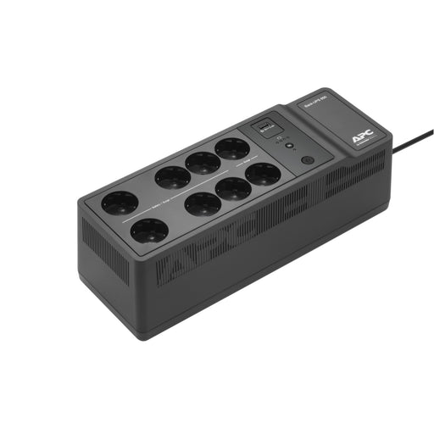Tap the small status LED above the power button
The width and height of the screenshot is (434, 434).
292,146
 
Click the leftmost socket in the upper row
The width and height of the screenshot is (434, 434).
120,203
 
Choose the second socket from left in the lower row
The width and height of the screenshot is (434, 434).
202,203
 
